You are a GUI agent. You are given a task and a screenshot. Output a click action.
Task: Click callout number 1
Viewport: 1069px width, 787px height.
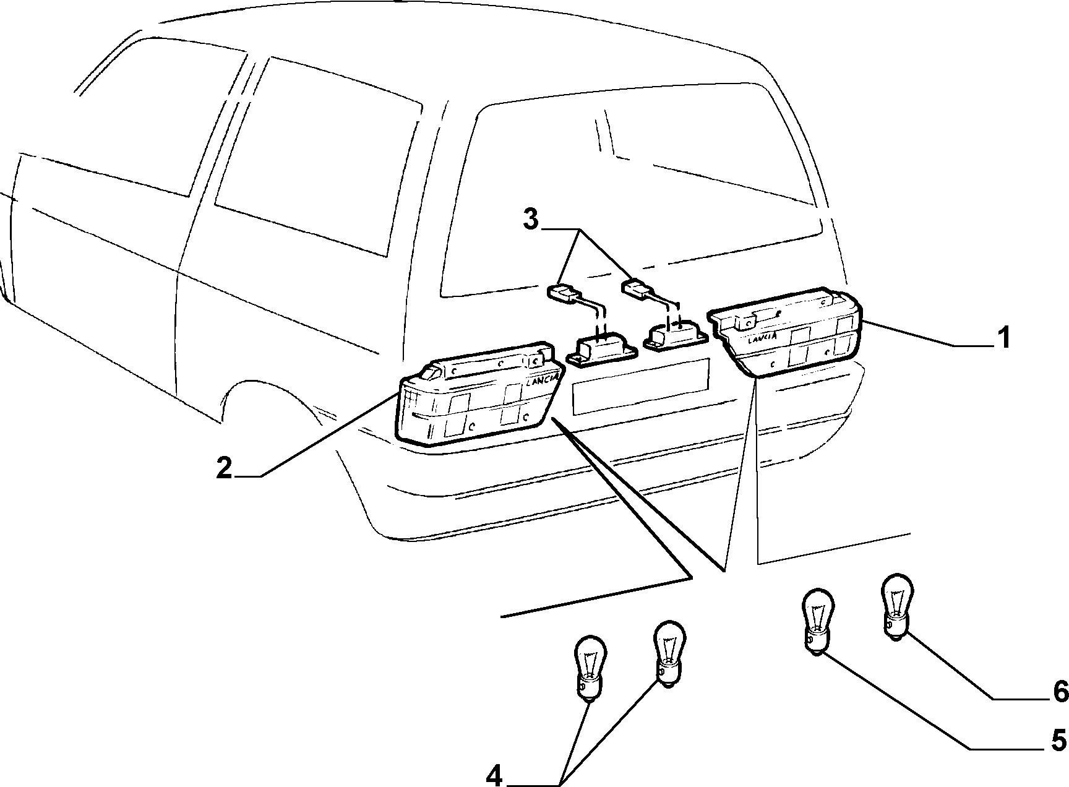[x=1002, y=338]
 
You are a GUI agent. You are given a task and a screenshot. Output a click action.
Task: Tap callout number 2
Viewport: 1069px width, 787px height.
[x=224, y=468]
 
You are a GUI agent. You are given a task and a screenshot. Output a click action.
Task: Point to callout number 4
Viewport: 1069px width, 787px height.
[x=494, y=776]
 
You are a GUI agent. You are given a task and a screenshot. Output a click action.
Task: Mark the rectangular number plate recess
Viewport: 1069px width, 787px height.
[x=641, y=387]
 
